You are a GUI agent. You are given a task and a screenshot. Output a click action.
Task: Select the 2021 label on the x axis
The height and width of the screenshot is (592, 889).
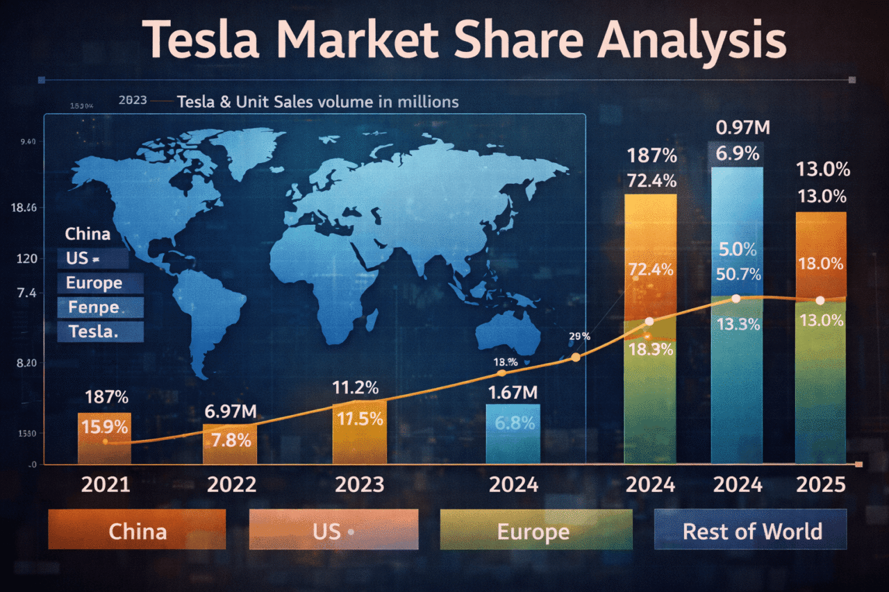point(106,484)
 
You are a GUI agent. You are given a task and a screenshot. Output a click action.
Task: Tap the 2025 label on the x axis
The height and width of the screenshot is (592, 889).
point(820,484)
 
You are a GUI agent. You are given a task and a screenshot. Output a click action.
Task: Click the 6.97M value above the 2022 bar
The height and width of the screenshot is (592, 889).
point(231,412)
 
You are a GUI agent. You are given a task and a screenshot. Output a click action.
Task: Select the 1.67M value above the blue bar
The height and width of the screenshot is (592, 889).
point(513,393)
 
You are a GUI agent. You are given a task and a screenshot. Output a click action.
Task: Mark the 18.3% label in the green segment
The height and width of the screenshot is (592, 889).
point(650,349)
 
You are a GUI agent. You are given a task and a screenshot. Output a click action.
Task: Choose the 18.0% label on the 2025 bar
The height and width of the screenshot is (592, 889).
point(820,264)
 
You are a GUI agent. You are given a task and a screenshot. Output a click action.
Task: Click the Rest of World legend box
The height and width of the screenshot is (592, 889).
point(751,531)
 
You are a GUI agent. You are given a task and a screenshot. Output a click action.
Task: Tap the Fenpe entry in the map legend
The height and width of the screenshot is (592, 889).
point(93,307)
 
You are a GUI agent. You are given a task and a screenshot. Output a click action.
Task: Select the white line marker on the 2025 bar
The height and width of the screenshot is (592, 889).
point(820,301)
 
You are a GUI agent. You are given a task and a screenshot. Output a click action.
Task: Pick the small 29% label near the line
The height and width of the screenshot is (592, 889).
point(579,337)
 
